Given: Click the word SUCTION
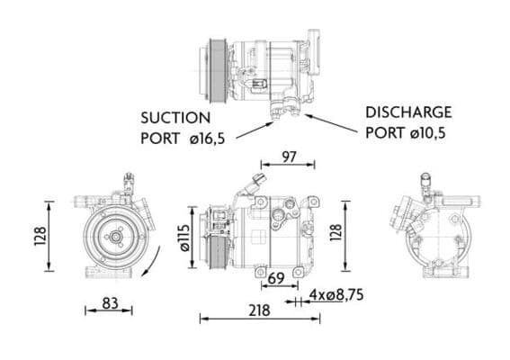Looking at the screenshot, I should (174, 117).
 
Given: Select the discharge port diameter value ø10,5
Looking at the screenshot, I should (426, 131).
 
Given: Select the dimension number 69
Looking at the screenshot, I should (276, 279).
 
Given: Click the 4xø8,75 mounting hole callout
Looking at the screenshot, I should (337, 294).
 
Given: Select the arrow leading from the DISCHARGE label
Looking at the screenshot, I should (334, 121).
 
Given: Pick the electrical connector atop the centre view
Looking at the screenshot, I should (260, 180).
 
